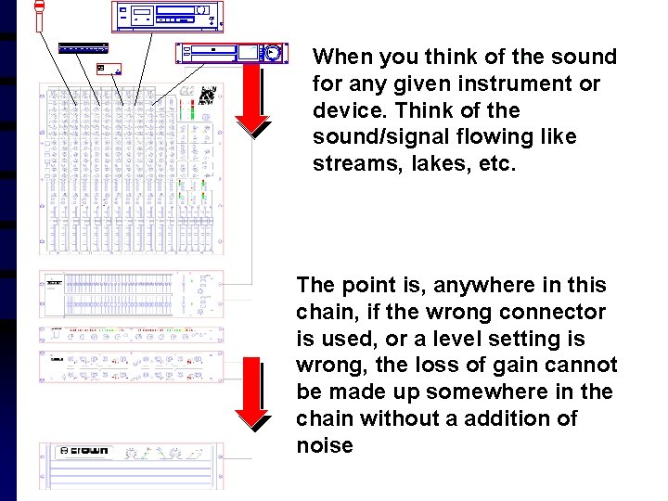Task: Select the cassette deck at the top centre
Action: [x=169, y=17]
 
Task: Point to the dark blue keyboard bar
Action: [x=83, y=48]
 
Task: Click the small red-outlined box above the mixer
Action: [x=109, y=69]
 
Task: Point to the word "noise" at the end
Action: [x=325, y=445]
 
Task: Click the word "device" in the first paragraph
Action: [x=343, y=110]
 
